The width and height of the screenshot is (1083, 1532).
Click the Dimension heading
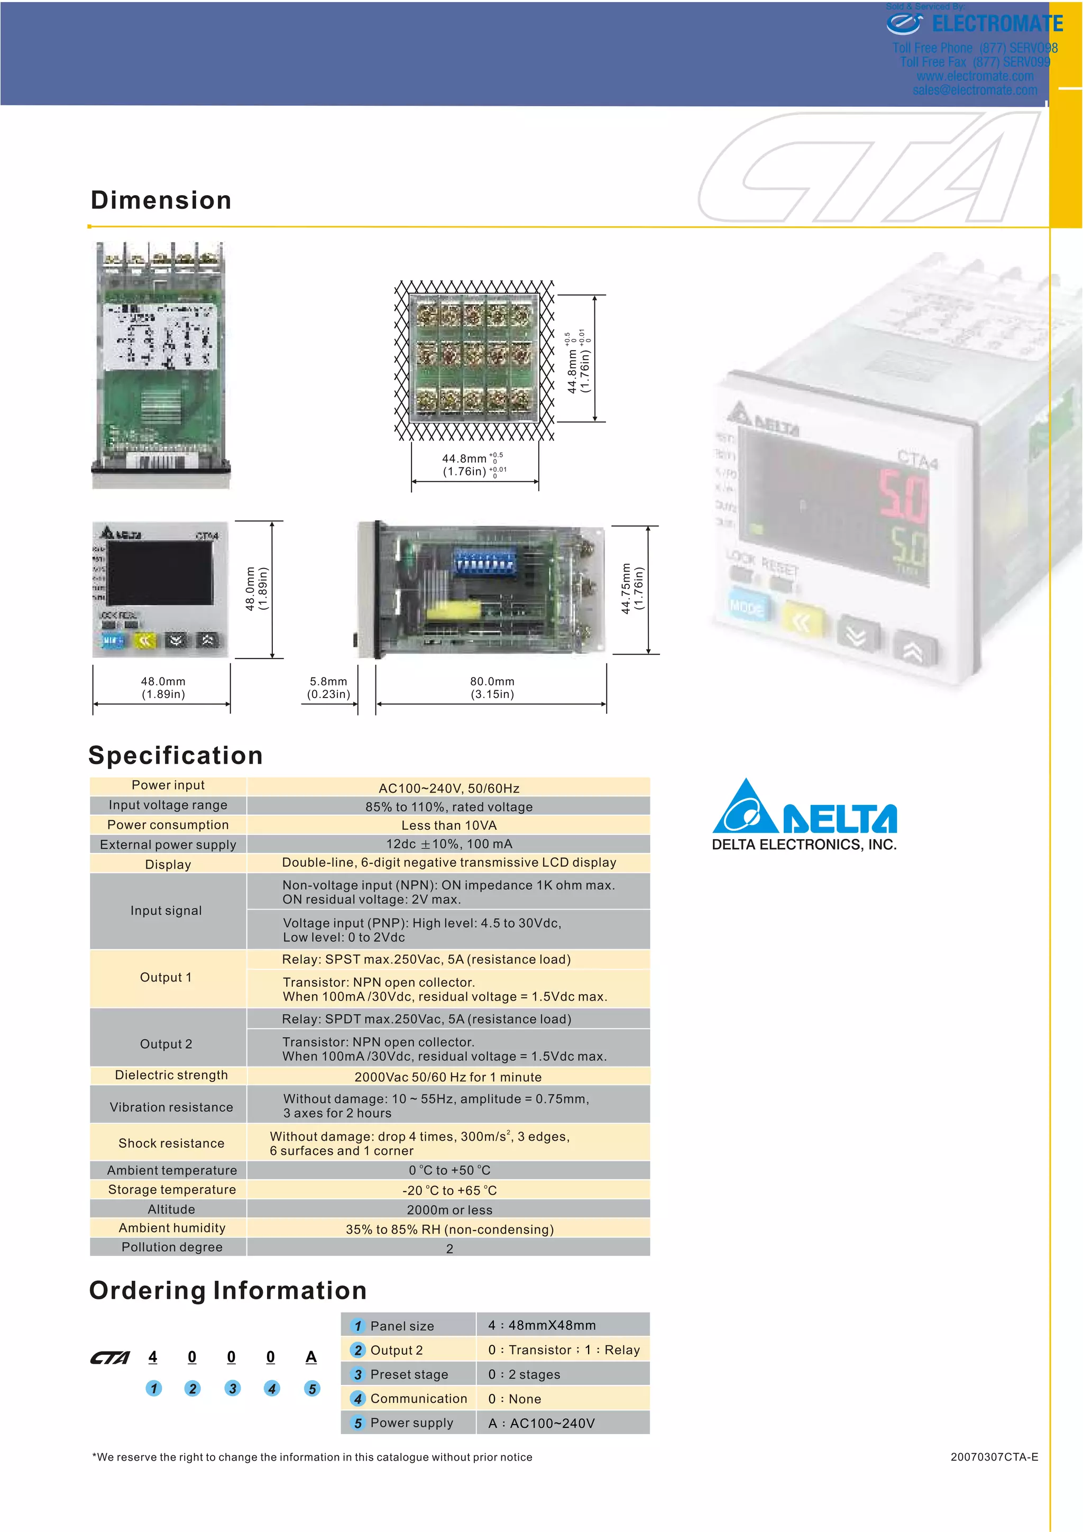(161, 200)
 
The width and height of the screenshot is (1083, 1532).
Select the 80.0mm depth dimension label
(492, 687)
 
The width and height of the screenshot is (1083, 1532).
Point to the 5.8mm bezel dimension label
(328, 687)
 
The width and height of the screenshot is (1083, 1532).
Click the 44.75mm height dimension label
(631, 589)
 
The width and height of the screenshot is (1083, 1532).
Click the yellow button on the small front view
(144, 640)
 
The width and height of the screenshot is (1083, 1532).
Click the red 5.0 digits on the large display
(902, 496)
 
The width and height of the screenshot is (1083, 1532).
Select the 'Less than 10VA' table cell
(448, 825)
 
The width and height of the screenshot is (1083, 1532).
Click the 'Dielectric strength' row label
(171, 1075)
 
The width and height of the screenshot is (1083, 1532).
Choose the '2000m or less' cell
(449, 1210)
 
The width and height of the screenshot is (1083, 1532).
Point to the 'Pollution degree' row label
(171, 1247)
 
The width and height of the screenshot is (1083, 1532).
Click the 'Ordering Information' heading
(227, 1290)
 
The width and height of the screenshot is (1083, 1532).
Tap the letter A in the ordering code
(311, 1356)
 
